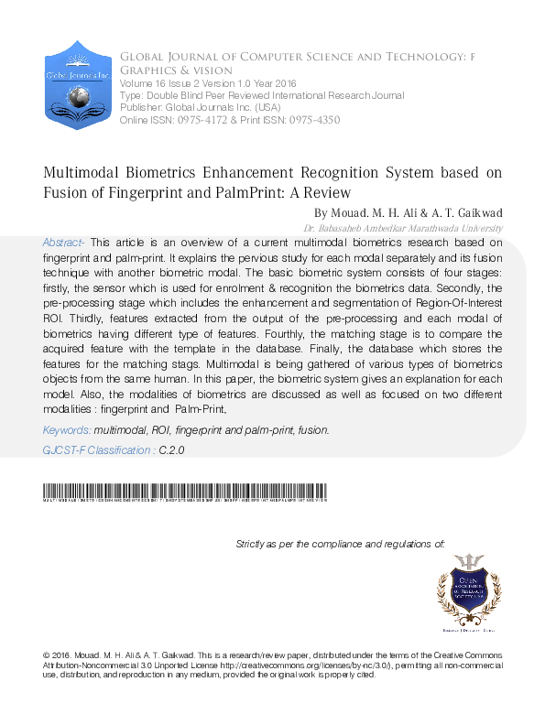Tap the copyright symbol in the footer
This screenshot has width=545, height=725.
[x=47, y=656]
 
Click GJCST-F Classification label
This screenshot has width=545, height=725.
[x=97, y=450]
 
